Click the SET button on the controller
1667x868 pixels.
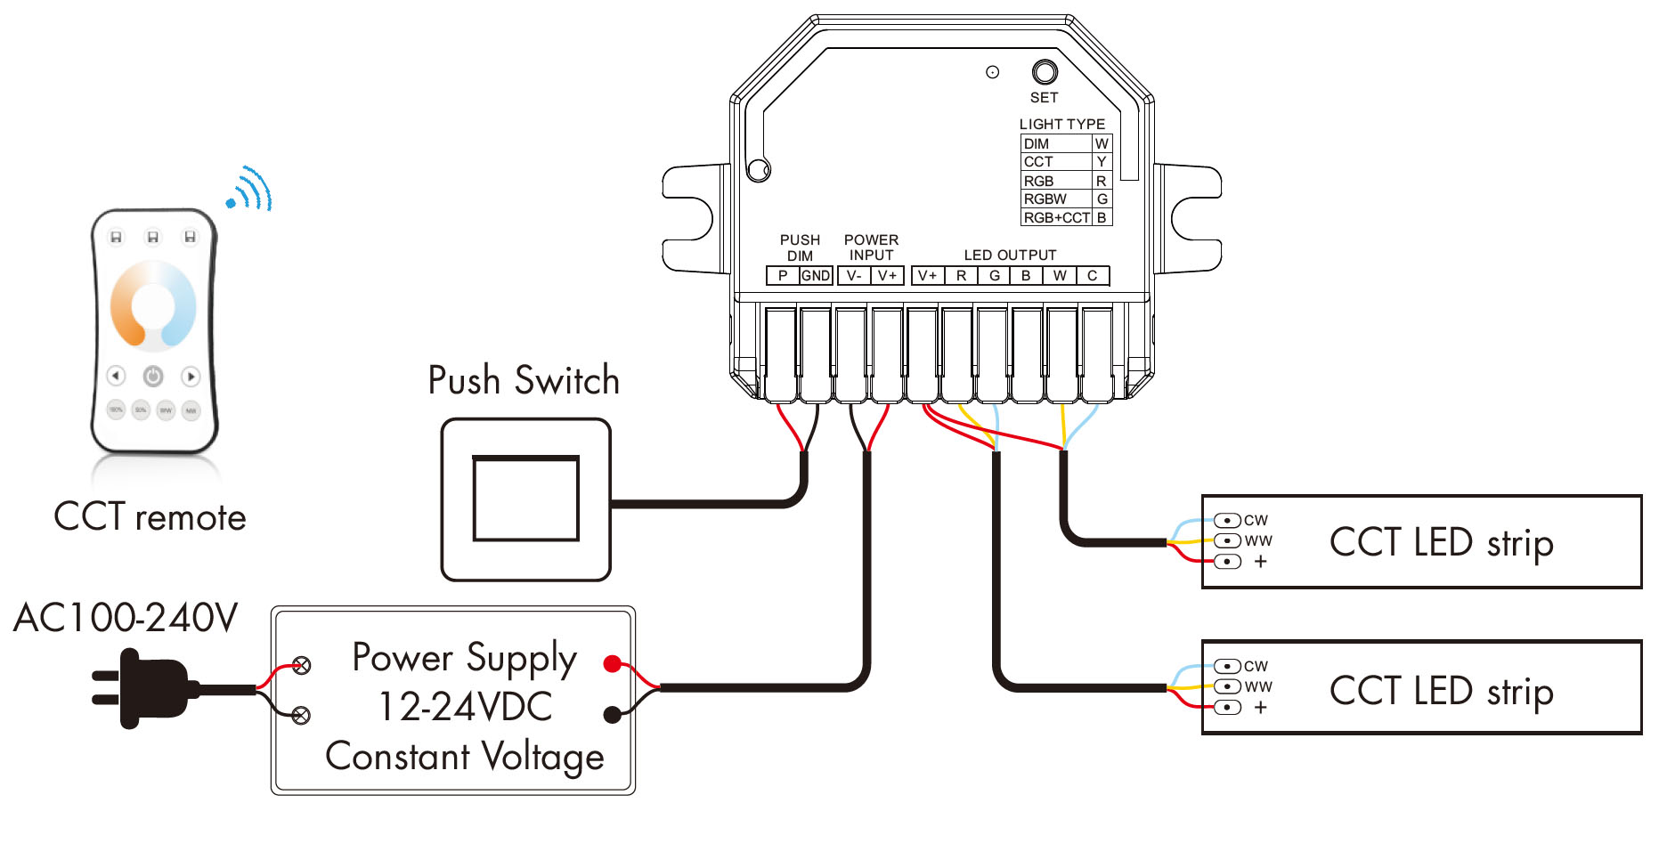pyautogui.click(x=1045, y=71)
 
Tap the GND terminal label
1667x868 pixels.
pyautogui.click(x=816, y=276)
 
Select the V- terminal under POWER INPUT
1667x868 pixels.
pyautogui.click(x=854, y=276)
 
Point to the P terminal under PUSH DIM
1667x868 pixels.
pyautogui.click(x=783, y=276)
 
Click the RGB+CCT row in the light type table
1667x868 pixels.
pyautogui.click(x=1056, y=217)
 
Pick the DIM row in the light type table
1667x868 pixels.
pyautogui.click(x=1056, y=143)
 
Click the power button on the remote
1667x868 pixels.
pyautogui.click(x=153, y=376)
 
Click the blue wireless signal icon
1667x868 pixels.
pyautogui.click(x=251, y=189)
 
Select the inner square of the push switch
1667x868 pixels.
pyautogui.click(x=525, y=499)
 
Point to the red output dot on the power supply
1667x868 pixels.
pyautogui.click(x=612, y=663)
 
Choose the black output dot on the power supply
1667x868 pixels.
pyautogui.click(x=612, y=714)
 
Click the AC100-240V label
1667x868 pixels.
pyautogui.click(x=126, y=618)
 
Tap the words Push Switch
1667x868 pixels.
pyautogui.click(x=524, y=381)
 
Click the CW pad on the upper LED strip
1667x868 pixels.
pyautogui.click(x=1228, y=520)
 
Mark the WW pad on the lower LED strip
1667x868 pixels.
pyautogui.click(x=1228, y=686)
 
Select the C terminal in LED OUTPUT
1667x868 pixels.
pyautogui.click(x=1093, y=276)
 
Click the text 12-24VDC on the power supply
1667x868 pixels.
pyautogui.click(x=465, y=708)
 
